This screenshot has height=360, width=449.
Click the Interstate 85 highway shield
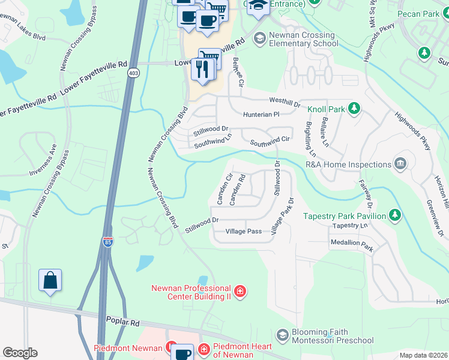[108, 242]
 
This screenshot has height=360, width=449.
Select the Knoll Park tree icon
[354, 108]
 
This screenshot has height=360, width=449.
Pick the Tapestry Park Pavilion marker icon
[394, 215]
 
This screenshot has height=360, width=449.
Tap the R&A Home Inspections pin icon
[399, 164]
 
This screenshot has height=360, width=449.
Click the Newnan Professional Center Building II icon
[240, 292]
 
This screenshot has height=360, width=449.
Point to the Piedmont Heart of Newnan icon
[204, 348]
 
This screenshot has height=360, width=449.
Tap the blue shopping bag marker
[50, 280]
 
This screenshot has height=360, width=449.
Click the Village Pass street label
[243, 232]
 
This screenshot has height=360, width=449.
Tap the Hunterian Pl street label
[261, 114]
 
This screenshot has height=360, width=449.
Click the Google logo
[20, 352]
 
